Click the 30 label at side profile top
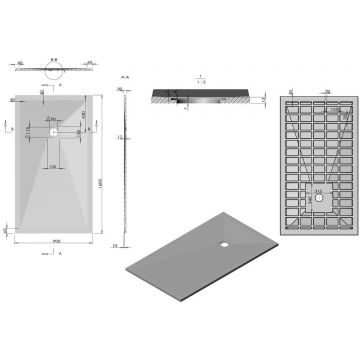point(116,89)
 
